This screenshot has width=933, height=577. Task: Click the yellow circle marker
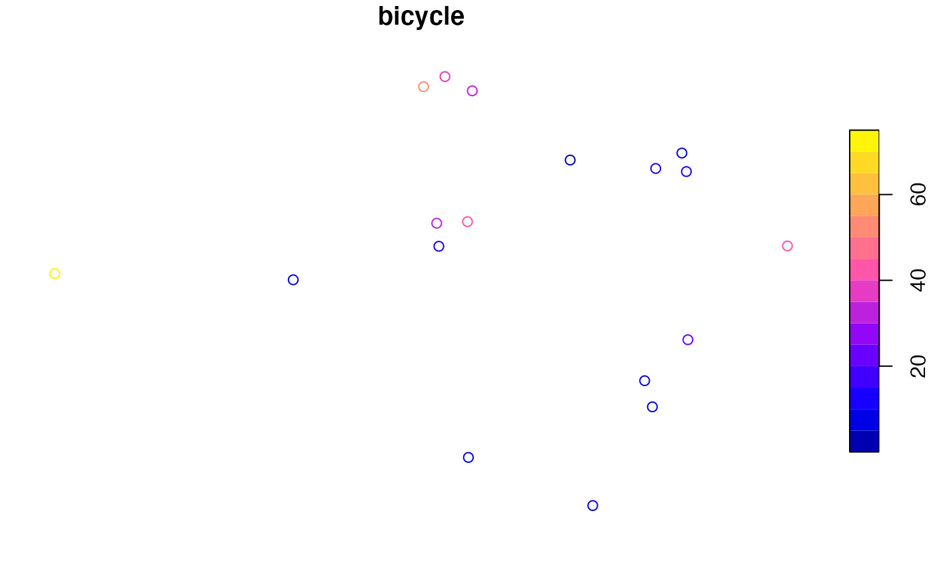(55, 273)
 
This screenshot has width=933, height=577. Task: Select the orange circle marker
(423, 87)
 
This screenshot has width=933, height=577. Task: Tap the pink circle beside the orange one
(445, 77)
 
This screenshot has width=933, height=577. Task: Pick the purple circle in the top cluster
(472, 91)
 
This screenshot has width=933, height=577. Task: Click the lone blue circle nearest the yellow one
(293, 279)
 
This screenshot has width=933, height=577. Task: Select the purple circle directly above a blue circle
(437, 223)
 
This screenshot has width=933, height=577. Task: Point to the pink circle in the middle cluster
(467, 221)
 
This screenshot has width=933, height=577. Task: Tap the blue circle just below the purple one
(439, 246)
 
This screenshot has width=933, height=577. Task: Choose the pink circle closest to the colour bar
(787, 246)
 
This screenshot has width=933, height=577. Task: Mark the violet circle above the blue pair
(688, 340)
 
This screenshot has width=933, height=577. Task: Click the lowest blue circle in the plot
(592, 506)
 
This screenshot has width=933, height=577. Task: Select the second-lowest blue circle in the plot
(468, 458)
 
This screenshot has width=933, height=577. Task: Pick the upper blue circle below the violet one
(644, 381)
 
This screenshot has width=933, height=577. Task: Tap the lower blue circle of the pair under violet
(652, 407)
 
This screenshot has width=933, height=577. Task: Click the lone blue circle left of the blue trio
(570, 160)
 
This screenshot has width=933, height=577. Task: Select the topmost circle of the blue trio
(682, 153)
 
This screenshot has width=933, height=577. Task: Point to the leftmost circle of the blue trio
(655, 169)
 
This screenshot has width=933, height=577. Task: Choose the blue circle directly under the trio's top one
(686, 171)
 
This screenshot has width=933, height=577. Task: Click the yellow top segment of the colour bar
(864, 141)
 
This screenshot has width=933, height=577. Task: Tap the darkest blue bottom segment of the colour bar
(864, 441)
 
